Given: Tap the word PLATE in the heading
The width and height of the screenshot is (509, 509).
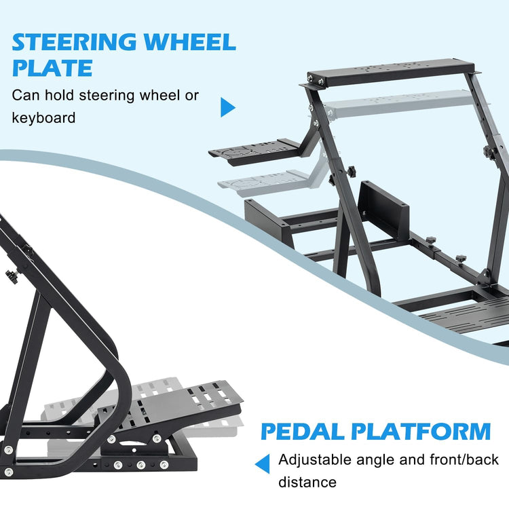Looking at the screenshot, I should click(52, 69).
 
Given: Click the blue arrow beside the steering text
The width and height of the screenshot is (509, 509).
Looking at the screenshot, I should click(227, 107).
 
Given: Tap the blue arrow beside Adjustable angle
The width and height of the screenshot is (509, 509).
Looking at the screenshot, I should click(263, 464).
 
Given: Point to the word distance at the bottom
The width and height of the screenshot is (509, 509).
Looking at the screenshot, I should click(307, 483).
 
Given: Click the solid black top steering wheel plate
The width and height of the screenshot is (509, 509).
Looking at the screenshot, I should click(394, 69).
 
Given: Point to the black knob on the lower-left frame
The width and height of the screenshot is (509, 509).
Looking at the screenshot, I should click(11, 276).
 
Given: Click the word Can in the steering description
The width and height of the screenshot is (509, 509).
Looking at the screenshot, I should click(26, 94).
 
